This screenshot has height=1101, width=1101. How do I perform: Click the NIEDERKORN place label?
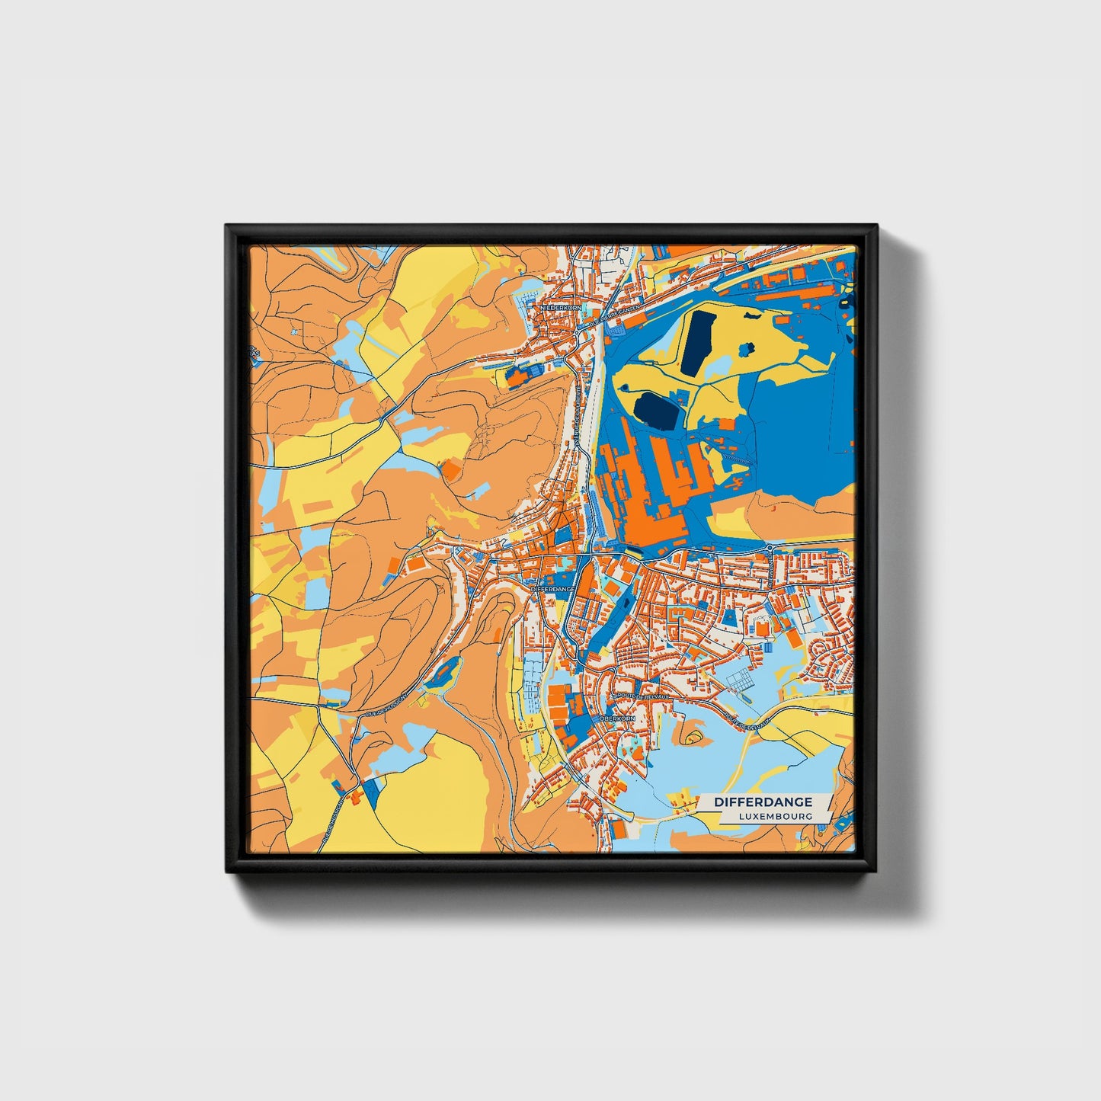pyautogui.click(x=560, y=307)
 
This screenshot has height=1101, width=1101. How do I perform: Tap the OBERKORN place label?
pyautogui.click(x=617, y=719)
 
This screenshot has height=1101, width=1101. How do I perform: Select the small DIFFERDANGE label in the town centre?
pyautogui.click(x=552, y=590)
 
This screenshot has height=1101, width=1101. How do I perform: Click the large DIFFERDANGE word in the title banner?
pyautogui.click(x=763, y=802)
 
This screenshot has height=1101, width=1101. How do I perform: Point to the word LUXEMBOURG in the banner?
pyautogui.click(x=774, y=816)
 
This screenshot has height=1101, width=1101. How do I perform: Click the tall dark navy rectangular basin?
pyautogui.click(x=698, y=342)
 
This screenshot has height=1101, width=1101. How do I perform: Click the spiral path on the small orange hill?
pyautogui.click(x=693, y=737)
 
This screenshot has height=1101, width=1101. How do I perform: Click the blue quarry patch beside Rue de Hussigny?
pyautogui.click(x=444, y=673)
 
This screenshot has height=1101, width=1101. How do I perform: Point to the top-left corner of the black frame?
pyautogui.click(x=226, y=226)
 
